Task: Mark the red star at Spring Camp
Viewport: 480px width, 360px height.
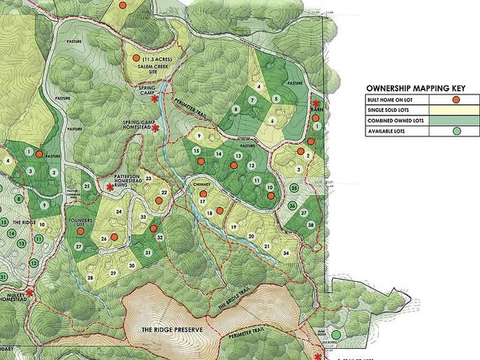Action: coord(154,98)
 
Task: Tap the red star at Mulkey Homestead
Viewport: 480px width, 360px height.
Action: coord(30,293)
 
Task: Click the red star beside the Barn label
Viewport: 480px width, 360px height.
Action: coord(316,104)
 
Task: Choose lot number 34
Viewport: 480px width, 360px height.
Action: coord(286,253)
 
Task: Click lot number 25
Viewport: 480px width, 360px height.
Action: coord(87,186)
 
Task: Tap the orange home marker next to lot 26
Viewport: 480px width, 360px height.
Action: coord(114,236)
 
